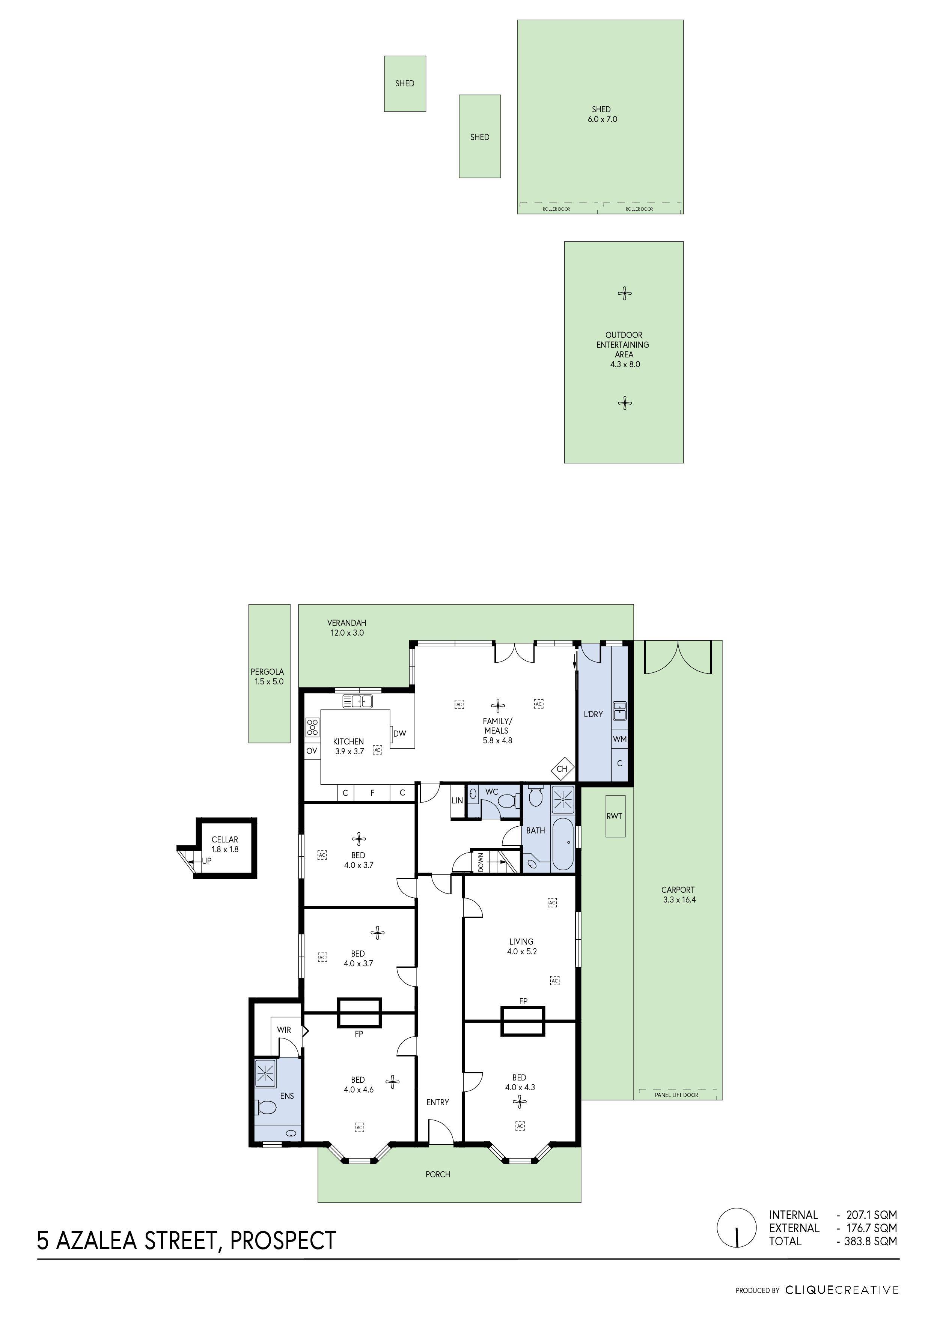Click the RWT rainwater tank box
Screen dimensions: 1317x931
pos(615,816)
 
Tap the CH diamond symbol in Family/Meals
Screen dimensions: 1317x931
pos(562,769)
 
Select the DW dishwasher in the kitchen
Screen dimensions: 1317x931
pos(400,733)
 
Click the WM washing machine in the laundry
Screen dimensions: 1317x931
pos(619,739)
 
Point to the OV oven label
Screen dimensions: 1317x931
pos(312,751)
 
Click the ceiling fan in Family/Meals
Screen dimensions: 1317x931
pos(497,705)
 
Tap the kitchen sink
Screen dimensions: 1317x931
pos(357,701)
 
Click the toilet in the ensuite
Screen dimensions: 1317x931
pos(266,1106)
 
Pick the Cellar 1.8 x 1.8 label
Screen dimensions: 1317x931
pos(225,844)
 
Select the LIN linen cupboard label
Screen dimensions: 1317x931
pos(457,800)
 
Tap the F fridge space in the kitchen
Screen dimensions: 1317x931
pos(372,793)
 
